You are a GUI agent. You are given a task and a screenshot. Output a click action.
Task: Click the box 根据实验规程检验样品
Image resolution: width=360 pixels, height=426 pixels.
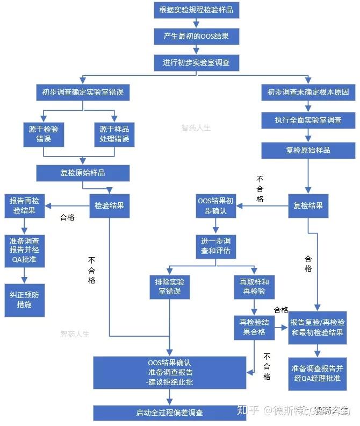(x=196, y=10)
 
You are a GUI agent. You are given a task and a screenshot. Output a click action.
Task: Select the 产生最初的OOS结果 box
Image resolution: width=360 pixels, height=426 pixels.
(x=196, y=36)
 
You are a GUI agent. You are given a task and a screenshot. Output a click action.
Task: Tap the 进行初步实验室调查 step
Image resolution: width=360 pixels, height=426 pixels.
(x=196, y=62)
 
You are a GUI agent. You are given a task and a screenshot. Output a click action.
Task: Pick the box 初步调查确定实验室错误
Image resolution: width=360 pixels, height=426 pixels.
(x=83, y=92)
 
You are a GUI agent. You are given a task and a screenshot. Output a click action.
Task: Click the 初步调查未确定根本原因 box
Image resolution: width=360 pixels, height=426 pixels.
(x=308, y=92)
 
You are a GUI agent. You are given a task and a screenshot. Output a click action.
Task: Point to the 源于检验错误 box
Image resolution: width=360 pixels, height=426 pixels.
(x=44, y=134)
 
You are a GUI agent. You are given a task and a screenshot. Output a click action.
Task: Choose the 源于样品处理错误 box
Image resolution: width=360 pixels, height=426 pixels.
(x=114, y=134)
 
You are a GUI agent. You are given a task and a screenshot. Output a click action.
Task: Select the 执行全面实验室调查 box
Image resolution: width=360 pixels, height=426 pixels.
(x=308, y=120)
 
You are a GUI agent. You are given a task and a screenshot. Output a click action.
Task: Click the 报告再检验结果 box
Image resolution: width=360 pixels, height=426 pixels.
(x=25, y=205)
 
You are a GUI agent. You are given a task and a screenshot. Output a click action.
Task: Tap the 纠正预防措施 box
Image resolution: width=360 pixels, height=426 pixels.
(x=25, y=300)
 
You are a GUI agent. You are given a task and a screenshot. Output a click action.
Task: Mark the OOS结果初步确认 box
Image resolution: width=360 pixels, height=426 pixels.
(x=215, y=206)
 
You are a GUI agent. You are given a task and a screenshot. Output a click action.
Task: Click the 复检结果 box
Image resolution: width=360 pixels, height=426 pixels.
(x=308, y=206)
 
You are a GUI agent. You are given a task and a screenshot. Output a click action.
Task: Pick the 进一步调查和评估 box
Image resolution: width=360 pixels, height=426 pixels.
(x=215, y=247)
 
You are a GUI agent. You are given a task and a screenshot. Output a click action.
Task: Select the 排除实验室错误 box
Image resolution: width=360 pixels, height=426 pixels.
(x=170, y=288)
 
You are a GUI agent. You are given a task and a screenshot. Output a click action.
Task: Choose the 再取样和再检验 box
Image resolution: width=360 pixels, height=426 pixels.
(x=254, y=288)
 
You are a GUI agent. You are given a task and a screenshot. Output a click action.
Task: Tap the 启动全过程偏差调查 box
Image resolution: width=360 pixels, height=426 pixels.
(x=169, y=413)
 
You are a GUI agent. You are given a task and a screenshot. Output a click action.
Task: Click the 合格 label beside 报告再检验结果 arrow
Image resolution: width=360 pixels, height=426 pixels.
(x=67, y=218)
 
